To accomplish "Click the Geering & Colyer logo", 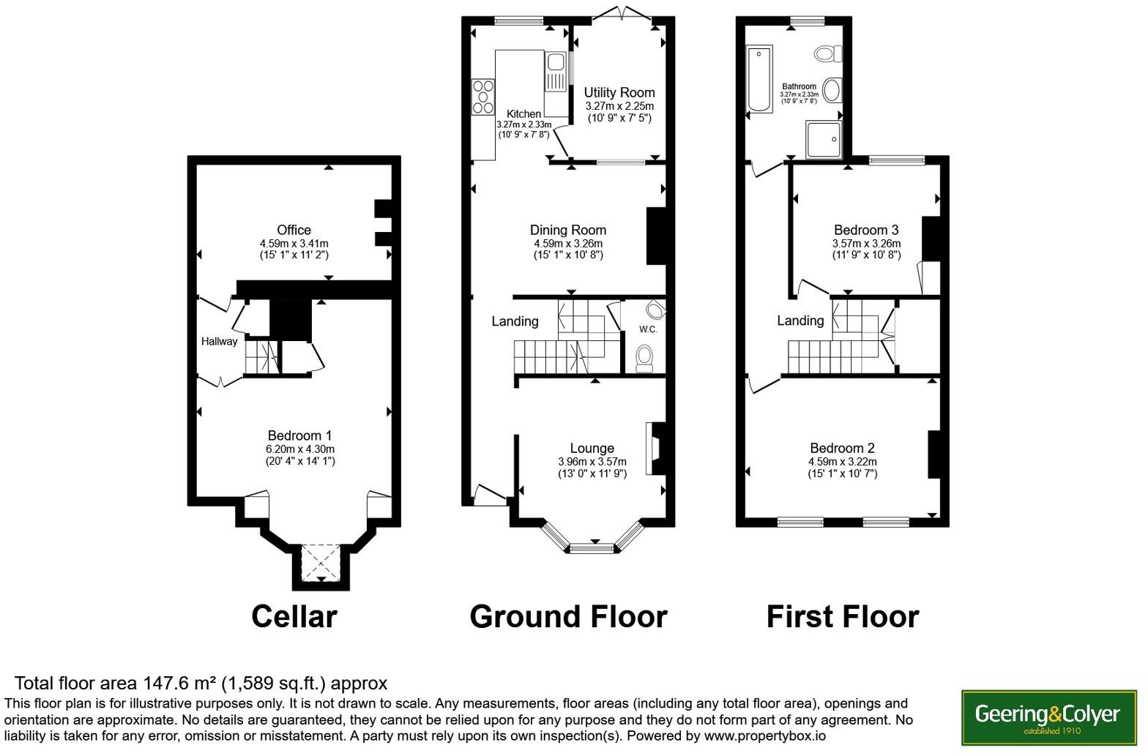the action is click(1048, 717).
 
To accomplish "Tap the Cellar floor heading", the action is click(294, 616).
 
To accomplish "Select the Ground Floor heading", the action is click(568, 616).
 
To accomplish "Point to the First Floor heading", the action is click(843, 616).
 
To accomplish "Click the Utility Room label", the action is click(619, 93).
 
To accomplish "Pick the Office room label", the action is click(294, 230).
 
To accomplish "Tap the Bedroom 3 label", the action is click(866, 230).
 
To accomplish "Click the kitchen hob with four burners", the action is click(482, 97).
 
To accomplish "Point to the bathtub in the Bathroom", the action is click(759, 79).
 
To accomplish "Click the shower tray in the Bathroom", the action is click(824, 139).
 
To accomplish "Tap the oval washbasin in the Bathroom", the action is click(832, 91).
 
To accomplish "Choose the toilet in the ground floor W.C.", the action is click(644, 359).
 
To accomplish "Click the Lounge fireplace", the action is click(656, 448).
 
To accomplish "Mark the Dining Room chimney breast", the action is click(656, 236).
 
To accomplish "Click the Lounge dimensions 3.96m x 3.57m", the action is click(592, 462).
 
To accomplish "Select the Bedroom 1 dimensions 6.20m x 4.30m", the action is click(300, 449).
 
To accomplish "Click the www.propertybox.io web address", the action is click(764, 736).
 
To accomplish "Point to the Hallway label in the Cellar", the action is click(220, 341).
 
